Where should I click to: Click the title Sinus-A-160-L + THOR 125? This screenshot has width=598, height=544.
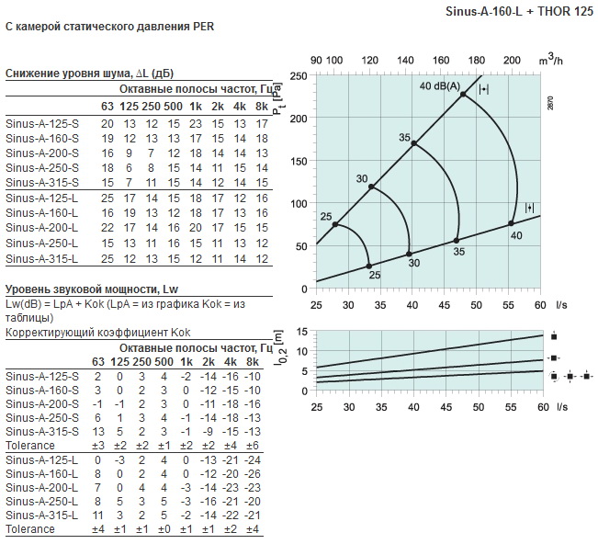point(519,11)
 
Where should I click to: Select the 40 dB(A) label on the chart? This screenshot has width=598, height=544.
point(440,85)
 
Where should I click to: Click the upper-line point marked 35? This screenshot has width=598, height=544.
point(414,143)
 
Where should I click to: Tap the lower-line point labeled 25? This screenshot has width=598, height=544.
point(368,266)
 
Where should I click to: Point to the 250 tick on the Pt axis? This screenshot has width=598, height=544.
point(299,76)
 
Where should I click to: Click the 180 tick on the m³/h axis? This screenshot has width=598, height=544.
point(477,61)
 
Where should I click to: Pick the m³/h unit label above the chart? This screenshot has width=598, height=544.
point(551,61)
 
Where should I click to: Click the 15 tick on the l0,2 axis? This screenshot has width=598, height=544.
point(301,332)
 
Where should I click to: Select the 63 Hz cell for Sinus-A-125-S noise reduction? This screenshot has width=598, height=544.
point(107,124)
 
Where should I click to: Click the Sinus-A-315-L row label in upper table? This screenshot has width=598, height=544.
point(42,258)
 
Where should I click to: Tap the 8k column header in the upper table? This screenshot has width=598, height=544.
point(262,107)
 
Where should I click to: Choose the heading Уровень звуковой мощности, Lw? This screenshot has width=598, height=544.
point(92,289)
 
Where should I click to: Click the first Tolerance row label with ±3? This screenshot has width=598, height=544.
point(30,445)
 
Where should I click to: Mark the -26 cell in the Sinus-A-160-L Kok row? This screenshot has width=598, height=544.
point(252,474)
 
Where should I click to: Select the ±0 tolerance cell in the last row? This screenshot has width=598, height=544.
point(164,529)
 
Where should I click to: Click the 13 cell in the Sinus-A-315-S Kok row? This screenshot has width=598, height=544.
point(98,432)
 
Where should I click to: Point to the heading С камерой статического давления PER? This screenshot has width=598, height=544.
point(110,27)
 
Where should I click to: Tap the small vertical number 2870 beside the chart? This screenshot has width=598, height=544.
point(550,103)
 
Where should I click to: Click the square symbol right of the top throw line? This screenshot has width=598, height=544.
point(554,336)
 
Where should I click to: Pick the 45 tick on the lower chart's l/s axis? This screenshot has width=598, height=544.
point(446,407)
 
